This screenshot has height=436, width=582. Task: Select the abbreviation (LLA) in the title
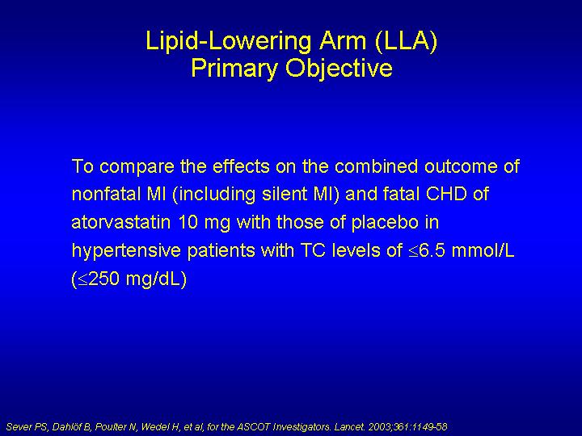[407, 41]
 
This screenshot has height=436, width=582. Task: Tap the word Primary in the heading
[234, 68]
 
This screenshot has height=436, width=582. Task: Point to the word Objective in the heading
[339, 69]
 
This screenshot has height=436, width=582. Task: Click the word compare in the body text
[137, 167]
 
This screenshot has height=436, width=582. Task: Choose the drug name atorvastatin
[121, 222]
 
